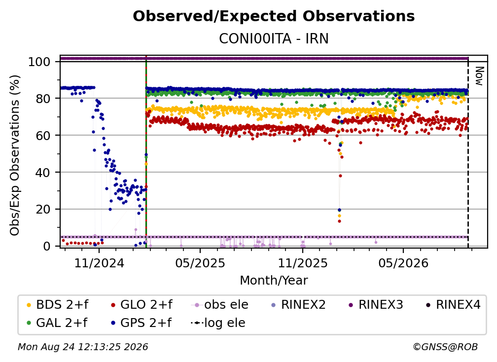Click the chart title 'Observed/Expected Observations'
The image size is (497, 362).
pyautogui.click(x=274, y=16)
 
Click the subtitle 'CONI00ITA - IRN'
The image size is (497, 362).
pyautogui.click(x=274, y=38)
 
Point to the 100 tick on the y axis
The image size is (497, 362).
pyautogui.click(x=39, y=62)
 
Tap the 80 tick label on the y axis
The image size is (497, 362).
pyautogui.click(x=43, y=99)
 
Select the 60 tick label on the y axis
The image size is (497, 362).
pyautogui.click(x=43, y=135)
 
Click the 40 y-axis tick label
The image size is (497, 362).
pyautogui.click(x=43, y=173)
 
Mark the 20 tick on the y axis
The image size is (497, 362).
pyautogui.click(x=43, y=209)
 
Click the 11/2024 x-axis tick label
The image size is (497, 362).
pyautogui.click(x=99, y=263)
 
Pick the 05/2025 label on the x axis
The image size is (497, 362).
pyautogui.click(x=200, y=263)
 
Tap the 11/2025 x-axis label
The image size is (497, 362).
pyautogui.click(x=303, y=263)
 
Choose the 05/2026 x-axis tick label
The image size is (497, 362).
pyautogui.click(x=403, y=263)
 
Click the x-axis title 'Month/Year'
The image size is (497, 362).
pyautogui.click(x=274, y=281)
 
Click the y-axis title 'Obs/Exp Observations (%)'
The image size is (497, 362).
pyautogui.click(x=15, y=155)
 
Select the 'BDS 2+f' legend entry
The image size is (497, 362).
pyautogui.click(x=57, y=305)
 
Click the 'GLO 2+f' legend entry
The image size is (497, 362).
pyautogui.click(x=142, y=305)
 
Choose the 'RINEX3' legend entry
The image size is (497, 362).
pyautogui.click(x=376, y=305)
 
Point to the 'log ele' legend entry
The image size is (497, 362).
pyautogui.click(x=218, y=323)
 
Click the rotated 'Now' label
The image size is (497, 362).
pyautogui.click(x=479, y=76)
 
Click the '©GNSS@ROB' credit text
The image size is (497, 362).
pyautogui.click(x=445, y=347)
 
